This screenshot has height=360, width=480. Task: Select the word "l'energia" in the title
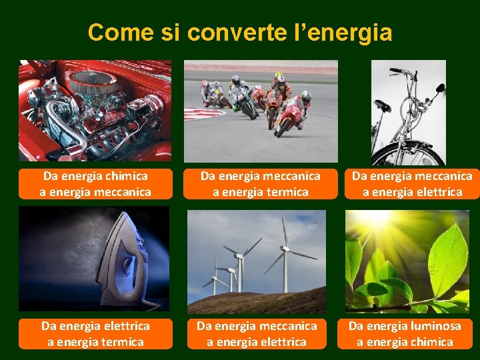coord(343,31)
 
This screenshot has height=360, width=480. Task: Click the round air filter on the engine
coord(93,81)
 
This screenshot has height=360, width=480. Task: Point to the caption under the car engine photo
coord(95,184)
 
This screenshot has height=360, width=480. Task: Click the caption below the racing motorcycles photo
coord(261,184)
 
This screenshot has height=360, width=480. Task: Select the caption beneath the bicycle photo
coord(412,184)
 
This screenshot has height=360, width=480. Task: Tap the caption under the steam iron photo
coord(95,333)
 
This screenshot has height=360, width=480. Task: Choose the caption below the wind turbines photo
coord(257,333)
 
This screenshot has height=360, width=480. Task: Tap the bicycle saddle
coord(382,105)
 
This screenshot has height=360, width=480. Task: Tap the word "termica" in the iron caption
coord(124,342)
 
